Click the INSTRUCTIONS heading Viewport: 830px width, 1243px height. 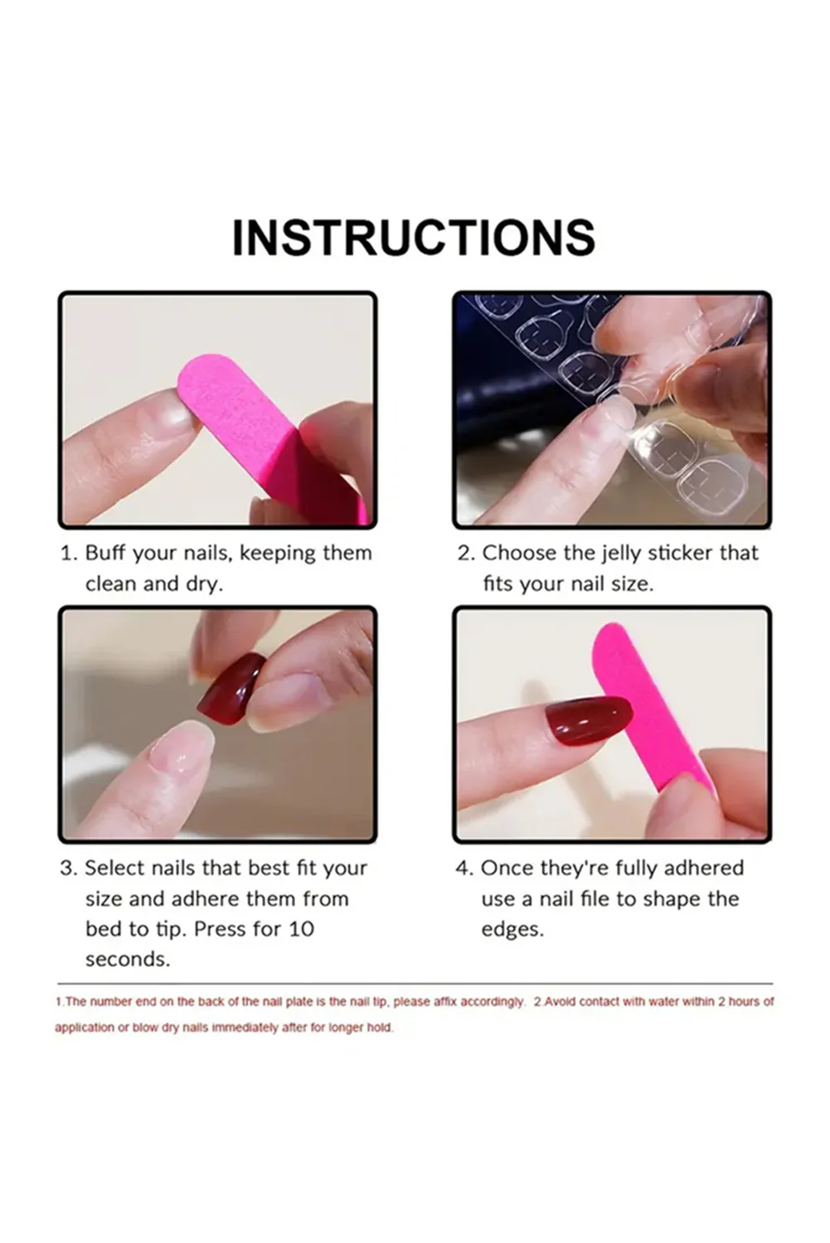point(413,238)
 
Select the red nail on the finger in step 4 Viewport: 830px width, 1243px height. point(588,719)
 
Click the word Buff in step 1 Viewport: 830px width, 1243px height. point(105,553)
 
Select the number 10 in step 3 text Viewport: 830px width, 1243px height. point(301,929)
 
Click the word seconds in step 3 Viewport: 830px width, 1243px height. point(127,960)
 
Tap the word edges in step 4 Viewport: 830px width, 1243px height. point(512,930)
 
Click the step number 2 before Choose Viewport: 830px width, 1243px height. point(464,553)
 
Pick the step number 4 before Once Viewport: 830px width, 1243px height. point(463,868)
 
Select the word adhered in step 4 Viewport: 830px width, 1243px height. point(703,868)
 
